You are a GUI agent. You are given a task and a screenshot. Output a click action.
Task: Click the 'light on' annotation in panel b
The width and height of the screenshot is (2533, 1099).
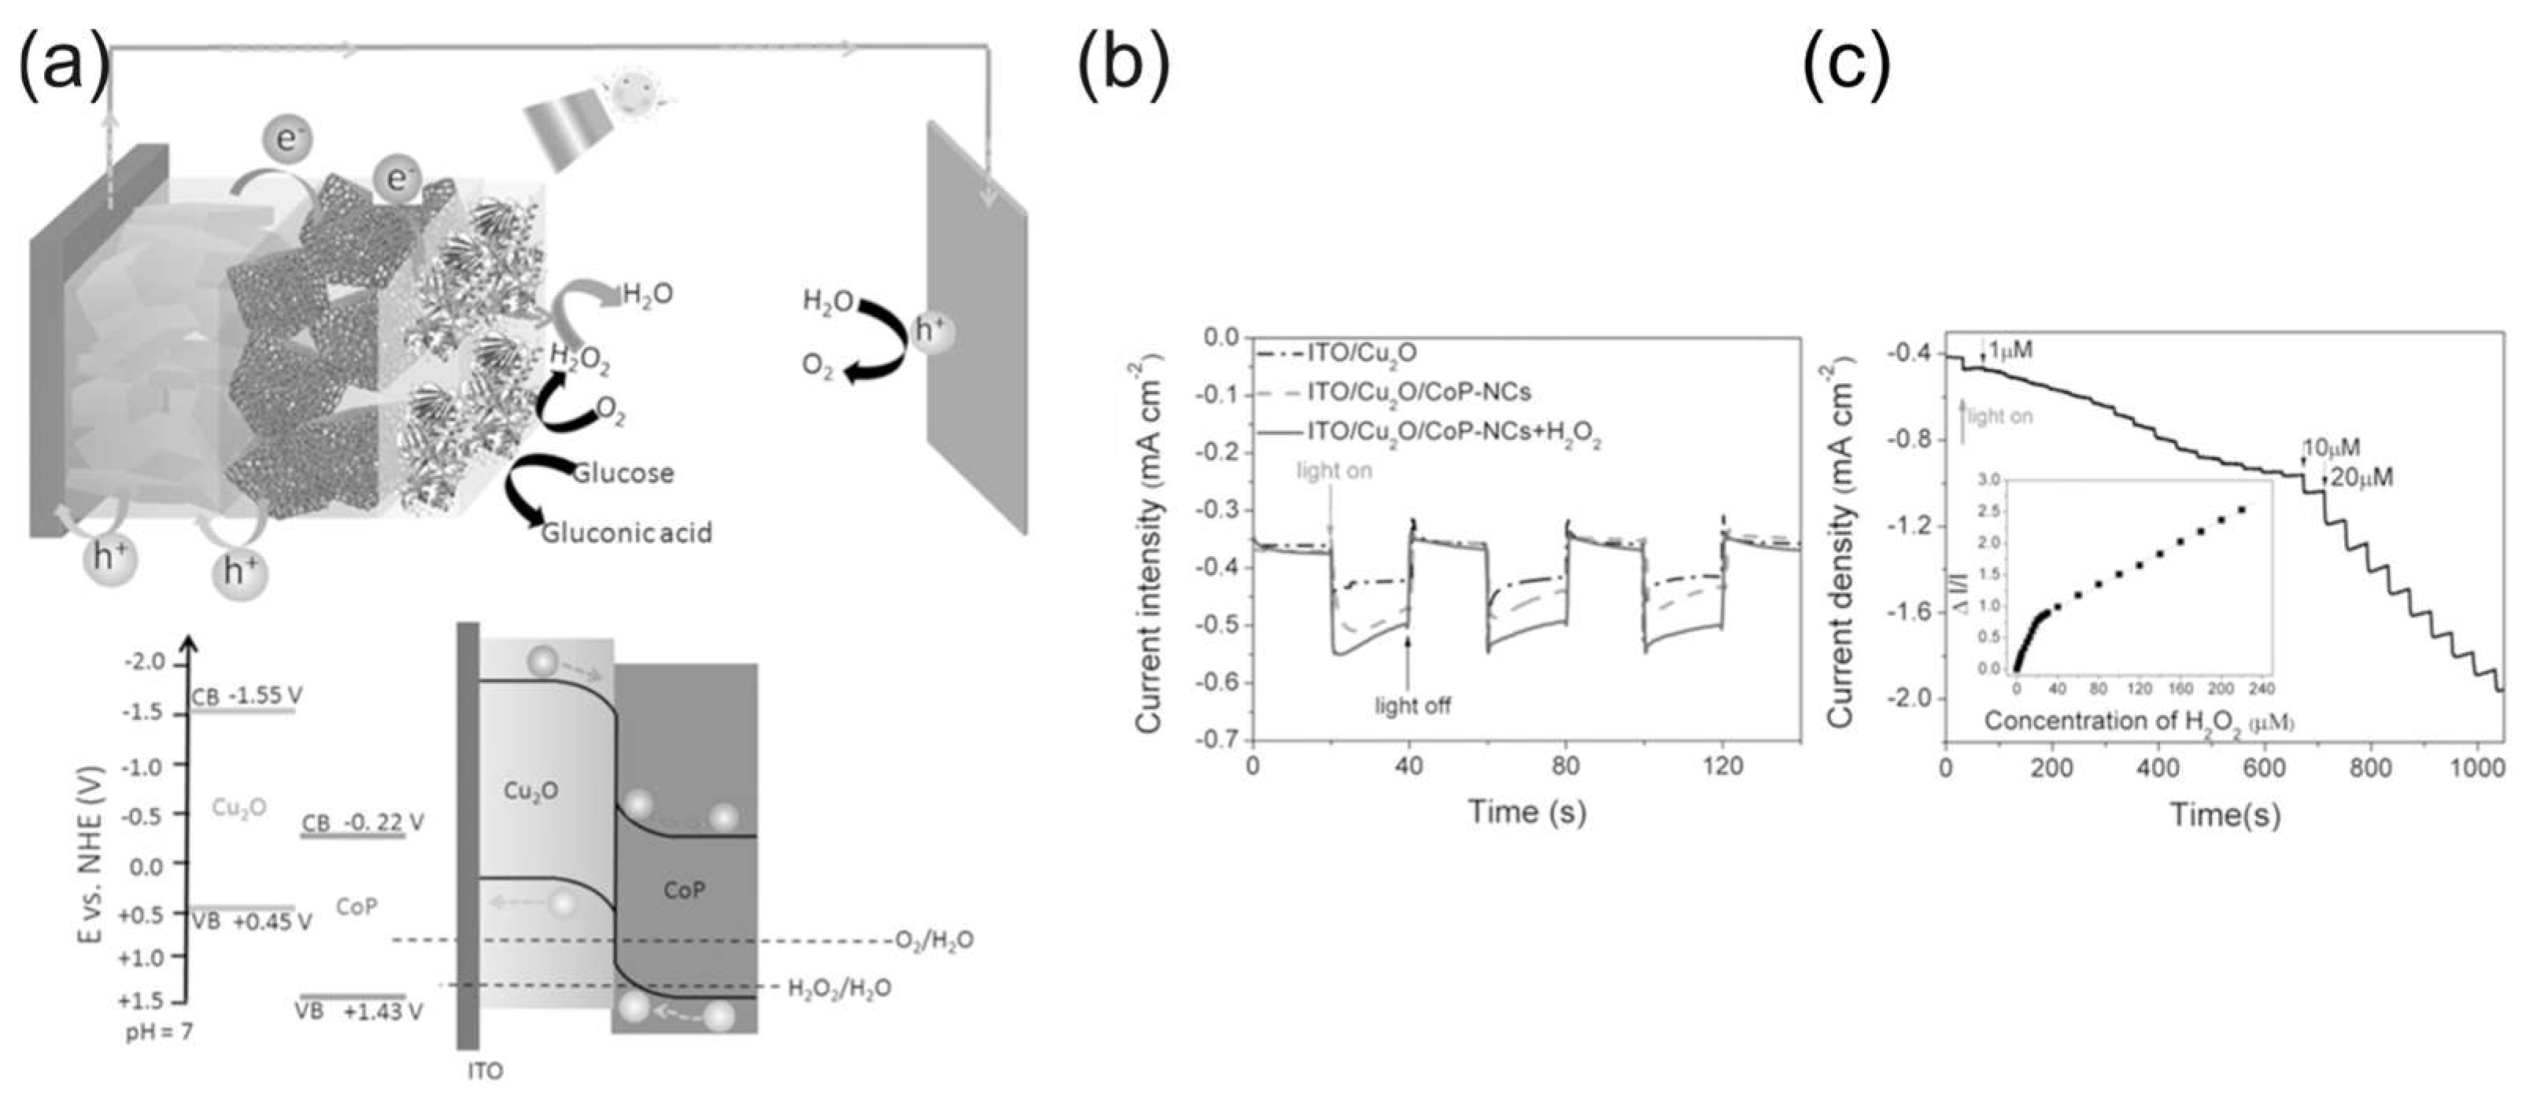click(x=1335, y=471)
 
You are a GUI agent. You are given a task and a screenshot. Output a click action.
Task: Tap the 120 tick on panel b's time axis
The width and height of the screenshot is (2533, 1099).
click(x=1722, y=765)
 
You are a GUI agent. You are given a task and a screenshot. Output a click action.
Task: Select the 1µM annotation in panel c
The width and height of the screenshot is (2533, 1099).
click(x=2010, y=350)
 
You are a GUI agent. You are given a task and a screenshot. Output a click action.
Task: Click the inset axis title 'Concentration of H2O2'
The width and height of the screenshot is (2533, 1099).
click(x=2138, y=721)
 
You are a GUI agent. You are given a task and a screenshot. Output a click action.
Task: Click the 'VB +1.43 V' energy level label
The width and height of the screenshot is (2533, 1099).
click(x=359, y=1011)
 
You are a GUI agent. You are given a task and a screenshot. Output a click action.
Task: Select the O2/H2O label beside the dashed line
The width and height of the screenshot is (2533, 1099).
click(x=934, y=940)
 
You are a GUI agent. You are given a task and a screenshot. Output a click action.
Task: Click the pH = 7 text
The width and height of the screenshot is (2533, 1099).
click(x=159, y=1033)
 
